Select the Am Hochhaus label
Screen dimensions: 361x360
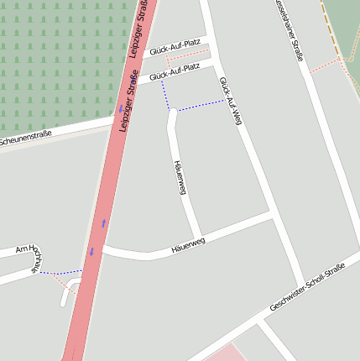click(31, 257)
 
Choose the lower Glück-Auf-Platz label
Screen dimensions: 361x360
click(175, 73)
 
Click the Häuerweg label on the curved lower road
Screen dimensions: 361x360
click(187, 245)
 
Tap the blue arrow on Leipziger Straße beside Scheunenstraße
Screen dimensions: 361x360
click(120, 109)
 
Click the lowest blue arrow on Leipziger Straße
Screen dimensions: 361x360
click(91, 251)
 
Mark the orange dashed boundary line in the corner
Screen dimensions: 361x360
click(333, 30)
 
